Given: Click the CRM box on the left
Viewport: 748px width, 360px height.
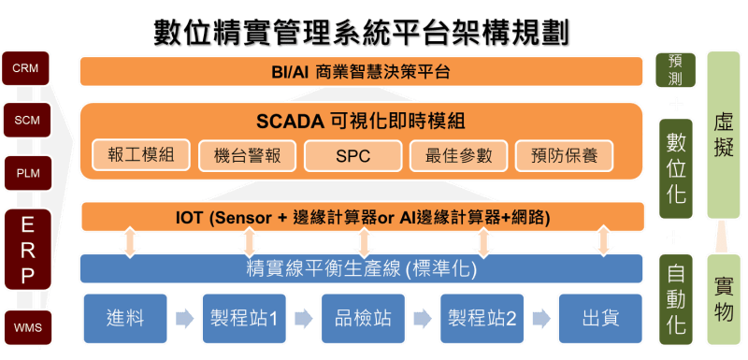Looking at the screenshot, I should click(x=26, y=68).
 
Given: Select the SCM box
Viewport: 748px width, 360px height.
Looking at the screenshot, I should click(x=26, y=120).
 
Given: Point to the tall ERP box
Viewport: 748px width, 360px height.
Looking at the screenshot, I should click(x=26, y=250).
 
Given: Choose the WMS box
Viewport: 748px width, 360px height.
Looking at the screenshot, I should click(x=26, y=327).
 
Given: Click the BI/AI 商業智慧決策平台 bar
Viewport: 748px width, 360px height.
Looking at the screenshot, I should click(x=361, y=70).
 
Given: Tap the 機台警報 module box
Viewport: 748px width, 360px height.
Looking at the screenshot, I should click(x=247, y=155).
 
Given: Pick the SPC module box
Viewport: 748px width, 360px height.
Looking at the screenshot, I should click(x=352, y=155).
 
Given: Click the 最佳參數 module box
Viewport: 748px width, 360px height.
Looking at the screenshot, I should click(x=458, y=155).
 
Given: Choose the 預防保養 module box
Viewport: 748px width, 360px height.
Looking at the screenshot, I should click(x=564, y=155).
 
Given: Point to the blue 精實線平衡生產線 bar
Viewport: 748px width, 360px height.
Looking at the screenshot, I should click(x=361, y=269).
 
